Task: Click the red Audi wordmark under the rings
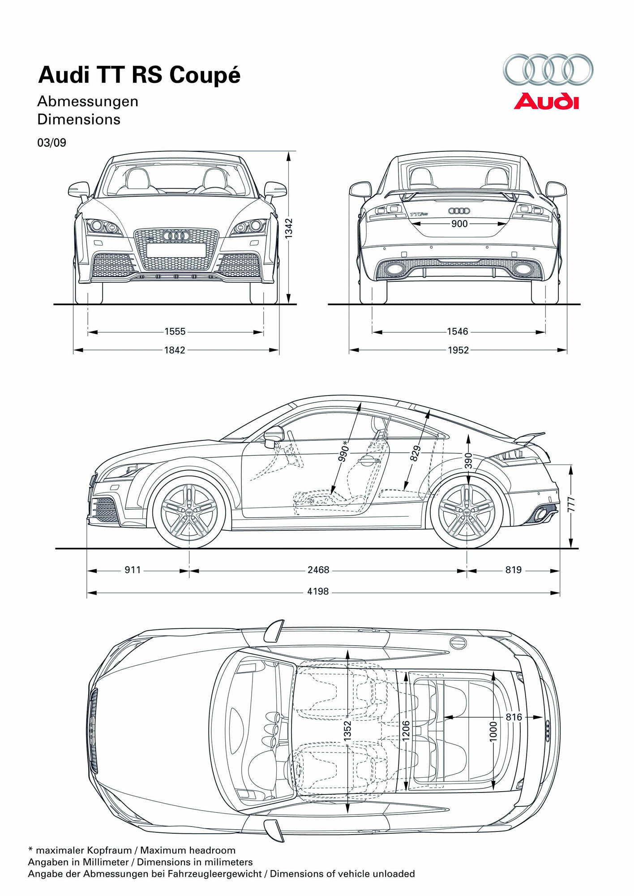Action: click(546, 101)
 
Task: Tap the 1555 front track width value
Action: click(175, 332)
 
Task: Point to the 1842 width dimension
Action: click(175, 350)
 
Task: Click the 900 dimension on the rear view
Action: click(459, 224)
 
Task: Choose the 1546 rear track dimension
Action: click(457, 332)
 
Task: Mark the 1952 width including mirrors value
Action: click(458, 350)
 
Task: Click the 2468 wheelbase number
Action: click(318, 570)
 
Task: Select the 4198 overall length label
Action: click(318, 591)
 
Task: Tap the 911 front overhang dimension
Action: click(133, 570)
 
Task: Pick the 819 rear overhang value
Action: click(514, 570)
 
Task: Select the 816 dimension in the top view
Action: click(514, 717)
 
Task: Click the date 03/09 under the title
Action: click(52, 143)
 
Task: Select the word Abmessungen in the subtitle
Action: click(88, 102)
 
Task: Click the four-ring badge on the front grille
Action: click(176, 236)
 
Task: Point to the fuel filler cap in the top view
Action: click(458, 642)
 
